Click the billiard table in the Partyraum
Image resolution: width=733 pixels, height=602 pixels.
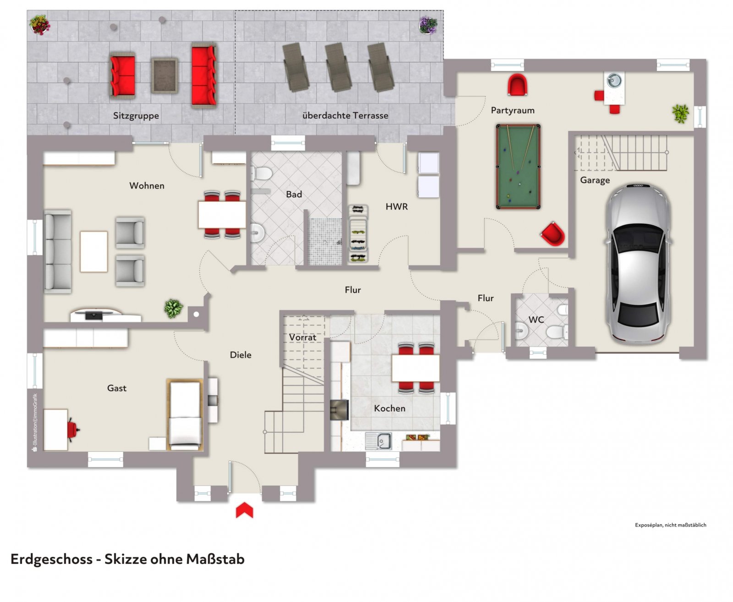coord(518,166)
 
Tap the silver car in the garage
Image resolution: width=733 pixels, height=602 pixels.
coord(639,264)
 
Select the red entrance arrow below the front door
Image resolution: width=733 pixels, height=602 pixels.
coord(244,510)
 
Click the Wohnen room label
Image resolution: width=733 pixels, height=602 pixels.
coord(147,186)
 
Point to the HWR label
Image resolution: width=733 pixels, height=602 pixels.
coord(397,206)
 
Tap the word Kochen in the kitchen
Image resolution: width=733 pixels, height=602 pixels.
coord(389,408)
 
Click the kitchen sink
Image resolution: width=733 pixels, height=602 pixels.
coord(378,441)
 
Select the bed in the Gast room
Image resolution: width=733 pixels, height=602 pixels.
coord(185,415)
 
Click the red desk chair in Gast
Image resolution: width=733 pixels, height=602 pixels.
coord(73,430)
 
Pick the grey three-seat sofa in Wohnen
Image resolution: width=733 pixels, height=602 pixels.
coord(58,251)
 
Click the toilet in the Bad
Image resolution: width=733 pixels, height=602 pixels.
coord(261,173)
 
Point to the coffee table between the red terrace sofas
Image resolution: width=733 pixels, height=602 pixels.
coord(164,76)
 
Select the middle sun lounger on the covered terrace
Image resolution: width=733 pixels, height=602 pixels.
coord(338,67)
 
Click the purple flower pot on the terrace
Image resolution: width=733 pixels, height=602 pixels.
coord(428,25)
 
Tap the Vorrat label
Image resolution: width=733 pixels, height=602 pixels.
coord(303,337)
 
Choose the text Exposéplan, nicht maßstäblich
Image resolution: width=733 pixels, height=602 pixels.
coord(670,525)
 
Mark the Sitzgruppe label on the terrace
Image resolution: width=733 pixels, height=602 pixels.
coord(136,116)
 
